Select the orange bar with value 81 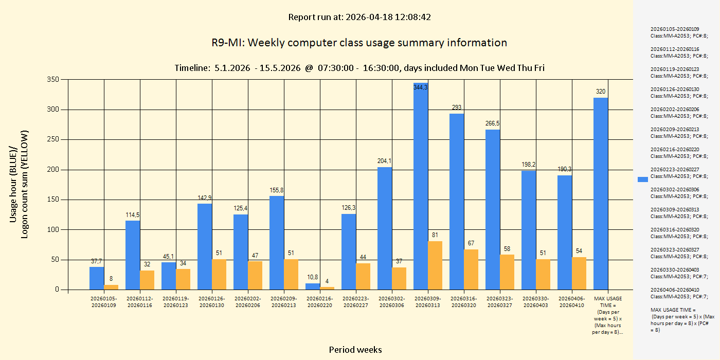coord(435,265)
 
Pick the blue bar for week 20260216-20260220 coord(313,286)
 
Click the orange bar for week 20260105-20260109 coord(111,287)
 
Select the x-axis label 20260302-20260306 coord(392,302)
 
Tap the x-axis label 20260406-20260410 coord(572,302)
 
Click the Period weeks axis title coord(355,350)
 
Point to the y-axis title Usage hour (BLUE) coord(14,184)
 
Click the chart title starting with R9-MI coord(359,43)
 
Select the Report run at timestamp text coord(359,17)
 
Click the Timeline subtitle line coord(359,68)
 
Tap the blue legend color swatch coord(642,179)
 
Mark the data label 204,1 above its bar coord(384,161)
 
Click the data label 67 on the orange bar coord(471,243)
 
